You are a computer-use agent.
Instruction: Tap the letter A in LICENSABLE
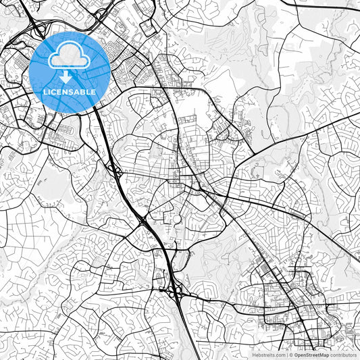point(80,91)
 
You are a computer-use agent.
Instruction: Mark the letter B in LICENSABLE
point(85,91)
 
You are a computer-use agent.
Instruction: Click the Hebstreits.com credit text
point(269,355)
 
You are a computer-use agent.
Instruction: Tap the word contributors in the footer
point(343,355)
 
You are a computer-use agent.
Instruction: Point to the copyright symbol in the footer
point(291,355)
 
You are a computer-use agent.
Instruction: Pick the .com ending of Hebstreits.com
point(279,355)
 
